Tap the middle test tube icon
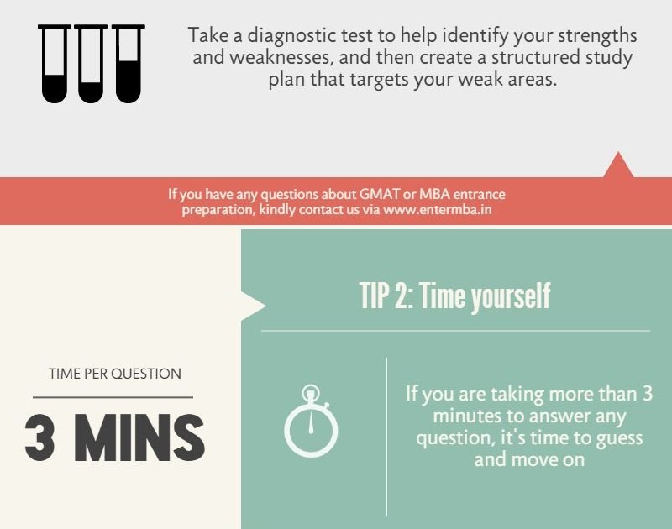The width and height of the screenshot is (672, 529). tap(91, 64)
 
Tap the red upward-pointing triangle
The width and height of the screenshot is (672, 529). tap(618, 165)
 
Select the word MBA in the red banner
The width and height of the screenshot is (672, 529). tap(434, 194)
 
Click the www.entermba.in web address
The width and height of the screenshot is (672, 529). tap(437, 210)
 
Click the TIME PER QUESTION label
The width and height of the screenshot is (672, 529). tap(115, 374)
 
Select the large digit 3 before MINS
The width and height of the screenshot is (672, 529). tap(39, 437)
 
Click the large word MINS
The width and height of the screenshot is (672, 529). tap(139, 437)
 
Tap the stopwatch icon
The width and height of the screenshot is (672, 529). tap(311, 421)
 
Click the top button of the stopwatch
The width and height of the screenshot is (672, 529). tap(311, 392)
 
